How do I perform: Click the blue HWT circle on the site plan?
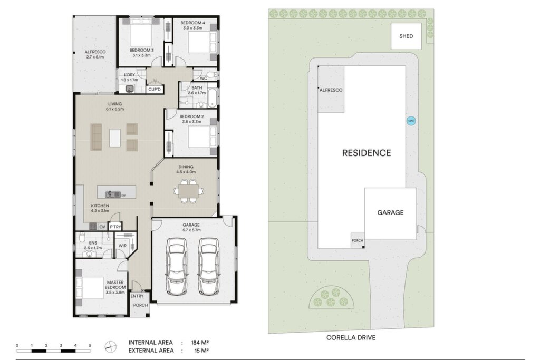[411, 121]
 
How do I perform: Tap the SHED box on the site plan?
[406, 36]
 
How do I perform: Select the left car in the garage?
[177, 266]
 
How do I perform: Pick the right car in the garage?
[209, 266]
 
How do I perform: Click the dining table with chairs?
[188, 191]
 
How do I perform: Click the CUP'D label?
[155, 90]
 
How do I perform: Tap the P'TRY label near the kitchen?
[115, 227]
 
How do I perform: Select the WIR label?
[122, 246]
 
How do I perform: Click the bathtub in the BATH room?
[212, 98]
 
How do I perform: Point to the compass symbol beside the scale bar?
[111, 347]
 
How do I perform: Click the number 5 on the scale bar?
[90, 346]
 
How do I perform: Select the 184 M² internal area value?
[200, 343]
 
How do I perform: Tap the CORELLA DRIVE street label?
[351, 338]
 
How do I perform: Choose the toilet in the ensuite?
[82, 237]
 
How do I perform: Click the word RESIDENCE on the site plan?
[367, 153]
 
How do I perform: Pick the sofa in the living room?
[96, 137]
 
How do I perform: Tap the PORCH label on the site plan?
[358, 240]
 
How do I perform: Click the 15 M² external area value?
[202, 351]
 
